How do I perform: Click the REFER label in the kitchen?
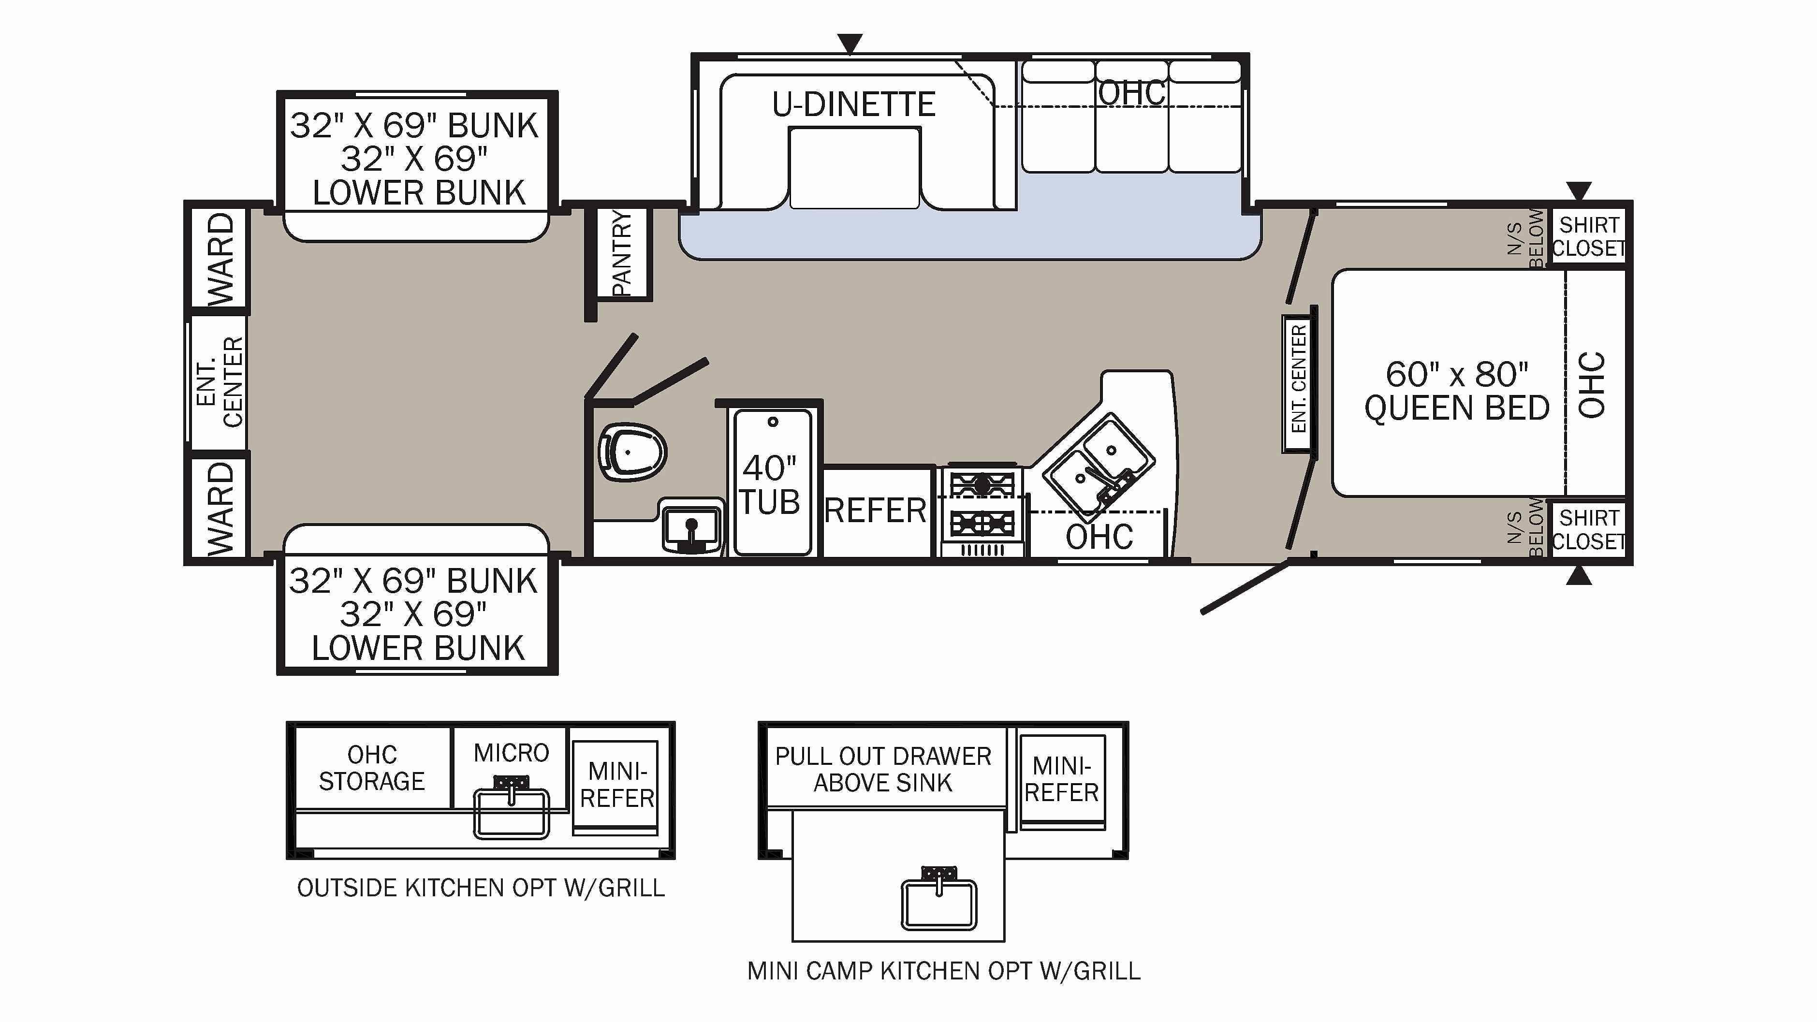tap(875, 510)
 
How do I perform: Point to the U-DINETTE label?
tap(853, 104)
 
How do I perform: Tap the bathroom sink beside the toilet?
tap(691, 526)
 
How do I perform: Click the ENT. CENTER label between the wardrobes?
tap(220, 381)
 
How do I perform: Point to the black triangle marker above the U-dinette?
tap(850, 44)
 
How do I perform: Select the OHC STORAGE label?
tap(372, 767)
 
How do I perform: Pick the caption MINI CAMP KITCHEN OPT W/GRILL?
tap(944, 971)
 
